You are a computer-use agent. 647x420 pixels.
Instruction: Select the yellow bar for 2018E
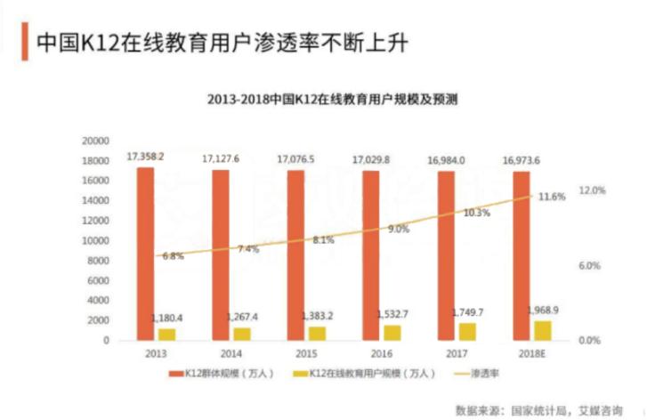pyautogui.click(x=543, y=330)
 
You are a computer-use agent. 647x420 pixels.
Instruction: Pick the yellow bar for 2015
pyautogui.click(x=318, y=333)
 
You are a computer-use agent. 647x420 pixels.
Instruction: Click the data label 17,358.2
pyautogui.click(x=145, y=156)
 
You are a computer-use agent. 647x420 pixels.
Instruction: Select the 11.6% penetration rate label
pyautogui.click(x=552, y=197)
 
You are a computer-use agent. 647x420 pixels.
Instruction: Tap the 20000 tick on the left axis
pyautogui.click(x=94, y=141)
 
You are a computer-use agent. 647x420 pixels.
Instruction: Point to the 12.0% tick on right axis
pyautogui.click(x=592, y=190)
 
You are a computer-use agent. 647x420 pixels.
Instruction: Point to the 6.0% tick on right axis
pyautogui.click(x=592, y=265)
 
